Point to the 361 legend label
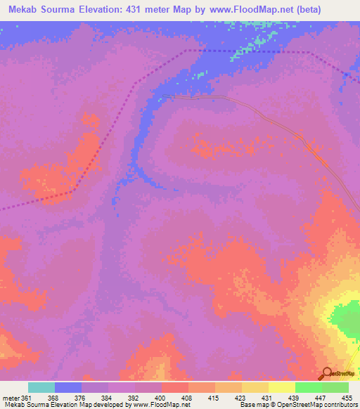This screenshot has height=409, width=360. click(22, 396)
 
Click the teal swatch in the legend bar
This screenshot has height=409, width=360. click(41, 387)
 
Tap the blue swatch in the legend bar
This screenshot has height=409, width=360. click(68, 387)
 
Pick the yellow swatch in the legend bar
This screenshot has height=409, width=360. click(282, 387)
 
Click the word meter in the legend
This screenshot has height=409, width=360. click(9, 396)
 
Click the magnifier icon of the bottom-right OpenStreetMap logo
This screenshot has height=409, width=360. click(326, 372)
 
